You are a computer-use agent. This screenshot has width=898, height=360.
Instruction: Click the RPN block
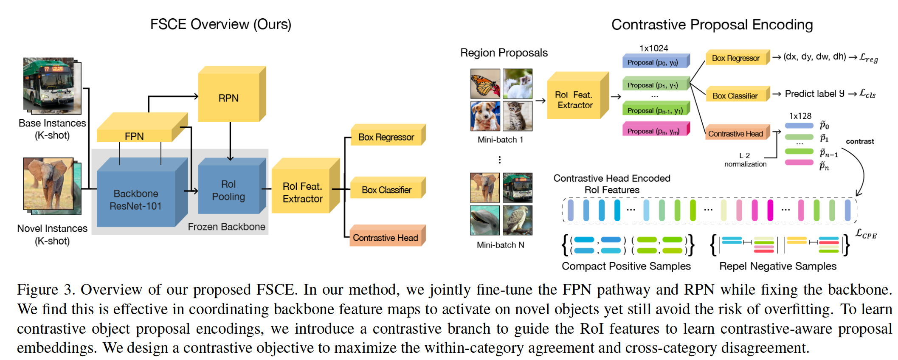coord(229,98)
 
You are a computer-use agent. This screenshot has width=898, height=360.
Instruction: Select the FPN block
coord(135,136)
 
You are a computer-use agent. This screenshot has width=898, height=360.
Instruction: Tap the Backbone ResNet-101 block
coord(136,200)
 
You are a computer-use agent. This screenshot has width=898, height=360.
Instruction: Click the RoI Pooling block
coord(228,190)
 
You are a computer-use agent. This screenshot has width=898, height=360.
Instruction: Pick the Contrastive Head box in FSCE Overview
coord(386,238)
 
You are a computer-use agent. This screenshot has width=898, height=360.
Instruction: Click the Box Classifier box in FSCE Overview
coord(386,190)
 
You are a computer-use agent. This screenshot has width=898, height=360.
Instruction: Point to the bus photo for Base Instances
coord(49,85)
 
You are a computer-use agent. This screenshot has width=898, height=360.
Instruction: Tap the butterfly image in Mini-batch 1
coord(485,84)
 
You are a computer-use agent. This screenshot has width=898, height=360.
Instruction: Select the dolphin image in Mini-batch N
coord(484,220)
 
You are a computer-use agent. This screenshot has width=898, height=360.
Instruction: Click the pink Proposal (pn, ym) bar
coord(654,131)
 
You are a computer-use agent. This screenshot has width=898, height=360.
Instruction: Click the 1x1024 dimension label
coord(654,48)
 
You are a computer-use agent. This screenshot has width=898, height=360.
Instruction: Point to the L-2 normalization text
coord(745,160)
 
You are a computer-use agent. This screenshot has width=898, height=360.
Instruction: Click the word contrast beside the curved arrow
coord(860,141)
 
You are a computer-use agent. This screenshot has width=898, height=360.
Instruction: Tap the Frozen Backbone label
coord(226,227)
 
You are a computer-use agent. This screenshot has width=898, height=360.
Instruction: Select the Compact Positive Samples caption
coord(626,266)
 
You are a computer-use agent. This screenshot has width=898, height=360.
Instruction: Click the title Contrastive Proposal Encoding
coord(712,25)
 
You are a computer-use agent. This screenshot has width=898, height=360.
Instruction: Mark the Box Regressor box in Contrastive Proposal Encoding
coord(736,58)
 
